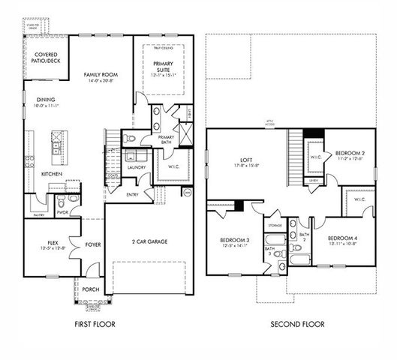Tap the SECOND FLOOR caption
(298, 325)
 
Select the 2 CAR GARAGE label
(150, 242)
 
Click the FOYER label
(93, 244)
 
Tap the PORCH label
(91, 289)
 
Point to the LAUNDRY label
(136, 167)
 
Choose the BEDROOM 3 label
(234, 241)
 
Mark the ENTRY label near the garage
(132, 193)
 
